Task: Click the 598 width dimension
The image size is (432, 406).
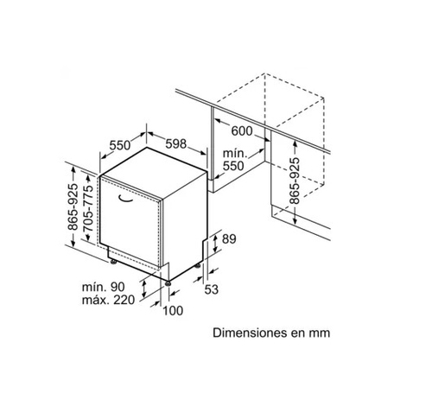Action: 176,143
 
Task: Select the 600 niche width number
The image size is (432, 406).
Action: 242,131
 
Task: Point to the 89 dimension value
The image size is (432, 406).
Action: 229,239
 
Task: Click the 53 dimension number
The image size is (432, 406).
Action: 212,289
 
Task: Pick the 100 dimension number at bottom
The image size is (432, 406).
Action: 173,311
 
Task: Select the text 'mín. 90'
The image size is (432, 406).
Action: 104,287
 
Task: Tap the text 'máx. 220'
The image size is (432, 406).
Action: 108,300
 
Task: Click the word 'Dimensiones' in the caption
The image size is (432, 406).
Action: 250,333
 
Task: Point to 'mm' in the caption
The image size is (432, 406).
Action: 320,333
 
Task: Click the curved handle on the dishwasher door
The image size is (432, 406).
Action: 125,199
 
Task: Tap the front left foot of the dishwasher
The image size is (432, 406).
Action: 113,262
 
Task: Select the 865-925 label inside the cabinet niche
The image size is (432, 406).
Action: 295,181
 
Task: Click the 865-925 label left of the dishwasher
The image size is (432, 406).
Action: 73,206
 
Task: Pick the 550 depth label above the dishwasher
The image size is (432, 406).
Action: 120,145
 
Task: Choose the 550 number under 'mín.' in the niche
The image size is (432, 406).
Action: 233,166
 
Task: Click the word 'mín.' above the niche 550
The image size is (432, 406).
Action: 235,154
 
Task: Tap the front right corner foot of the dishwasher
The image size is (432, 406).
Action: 168,283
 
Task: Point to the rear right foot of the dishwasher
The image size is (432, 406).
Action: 198,266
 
